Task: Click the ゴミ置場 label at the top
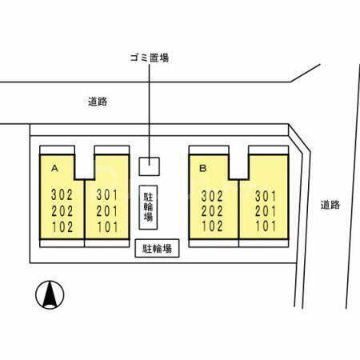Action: (x=150, y=58)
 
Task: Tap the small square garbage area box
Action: (x=150, y=166)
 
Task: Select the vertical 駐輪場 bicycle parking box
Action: (x=148, y=207)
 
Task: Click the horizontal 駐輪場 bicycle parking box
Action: (x=157, y=248)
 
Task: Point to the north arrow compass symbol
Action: (x=50, y=294)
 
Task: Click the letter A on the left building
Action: (x=54, y=168)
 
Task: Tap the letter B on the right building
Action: (x=203, y=168)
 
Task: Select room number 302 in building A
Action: (x=62, y=194)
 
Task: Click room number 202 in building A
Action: (x=62, y=211)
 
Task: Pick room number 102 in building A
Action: (x=62, y=227)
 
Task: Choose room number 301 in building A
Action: (x=107, y=194)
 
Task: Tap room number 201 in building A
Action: (x=107, y=211)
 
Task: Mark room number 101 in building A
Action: (x=107, y=227)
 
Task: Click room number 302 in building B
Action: (x=212, y=196)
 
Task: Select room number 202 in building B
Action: (x=212, y=211)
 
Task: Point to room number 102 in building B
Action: (x=212, y=226)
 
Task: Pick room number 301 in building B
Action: (x=266, y=196)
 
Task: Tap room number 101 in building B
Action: (x=266, y=226)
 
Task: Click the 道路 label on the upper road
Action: (x=98, y=102)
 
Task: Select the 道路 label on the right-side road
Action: (x=330, y=205)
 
